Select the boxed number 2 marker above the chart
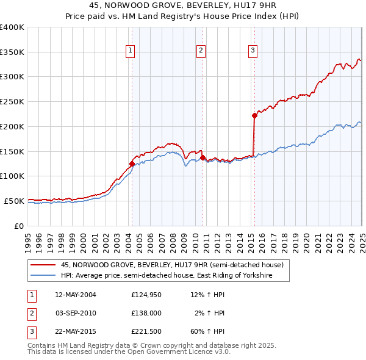[x=201, y=51]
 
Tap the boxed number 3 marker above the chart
[x=253, y=51]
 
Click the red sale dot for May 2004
[x=132, y=164]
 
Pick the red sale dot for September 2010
[x=202, y=157]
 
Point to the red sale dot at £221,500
[x=254, y=115]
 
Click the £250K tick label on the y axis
[x=12, y=102]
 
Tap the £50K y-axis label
[x=14, y=201]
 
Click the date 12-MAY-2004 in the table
[x=76, y=295]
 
